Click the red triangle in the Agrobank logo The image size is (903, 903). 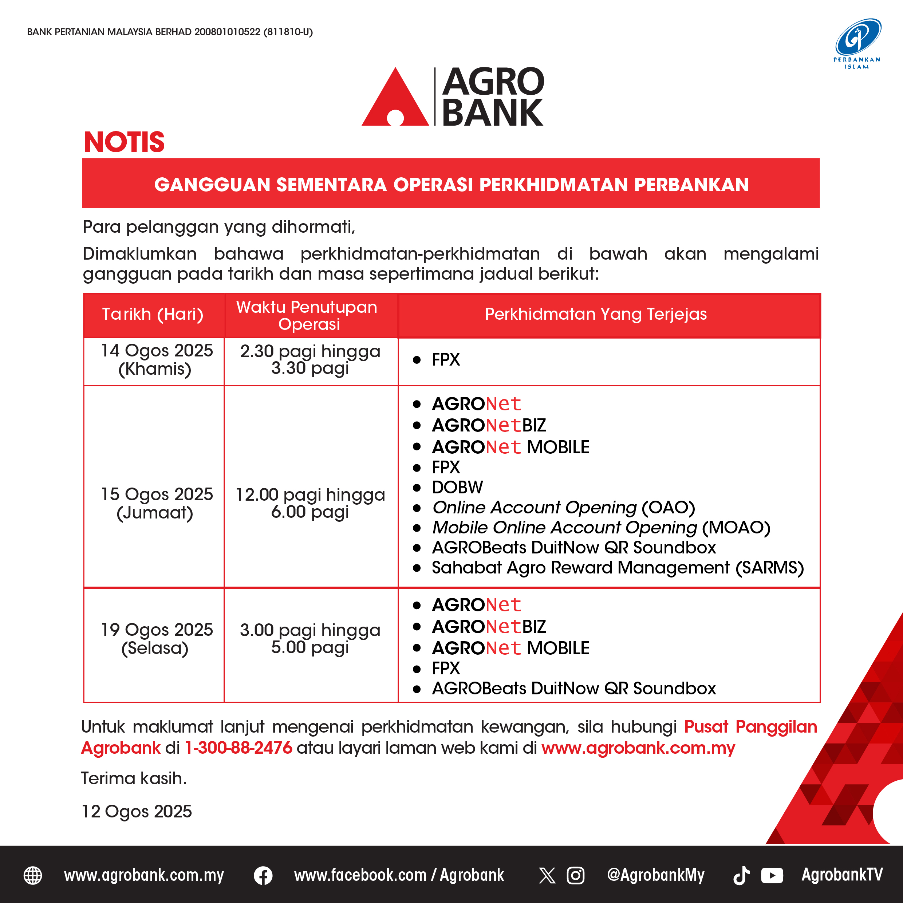[x=395, y=100]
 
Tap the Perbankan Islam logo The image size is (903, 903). [x=857, y=43]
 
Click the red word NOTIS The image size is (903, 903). [x=124, y=142]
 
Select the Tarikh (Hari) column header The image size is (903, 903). [x=153, y=314]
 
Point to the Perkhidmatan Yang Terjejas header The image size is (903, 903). [x=596, y=314]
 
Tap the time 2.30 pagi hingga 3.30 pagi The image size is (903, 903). [x=310, y=359]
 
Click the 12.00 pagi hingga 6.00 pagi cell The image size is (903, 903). [x=310, y=503]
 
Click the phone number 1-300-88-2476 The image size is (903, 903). [x=238, y=748]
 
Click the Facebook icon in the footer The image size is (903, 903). [x=263, y=875]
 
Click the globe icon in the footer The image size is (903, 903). [x=33, y=875]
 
